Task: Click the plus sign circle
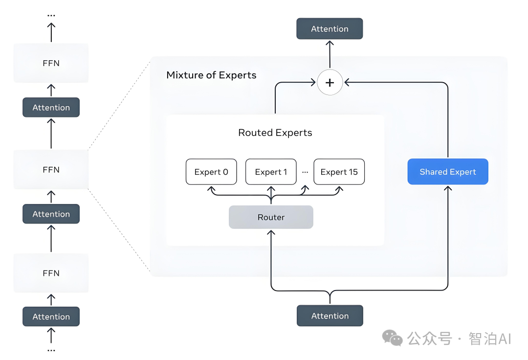330,83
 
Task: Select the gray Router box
271,217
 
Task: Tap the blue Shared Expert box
448,172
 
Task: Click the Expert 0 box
211,172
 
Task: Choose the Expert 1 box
271,172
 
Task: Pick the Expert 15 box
339,172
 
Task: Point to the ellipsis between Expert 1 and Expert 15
305,172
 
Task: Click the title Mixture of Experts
211,75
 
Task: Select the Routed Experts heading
275,133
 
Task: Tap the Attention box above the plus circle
330,29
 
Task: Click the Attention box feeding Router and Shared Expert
330,316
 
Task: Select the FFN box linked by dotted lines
51,170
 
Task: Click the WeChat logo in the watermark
392,337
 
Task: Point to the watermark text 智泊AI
489,338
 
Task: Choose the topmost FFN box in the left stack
51,63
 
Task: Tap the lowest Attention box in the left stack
51,317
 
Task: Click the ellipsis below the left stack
51,351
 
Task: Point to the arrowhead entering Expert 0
211,188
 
